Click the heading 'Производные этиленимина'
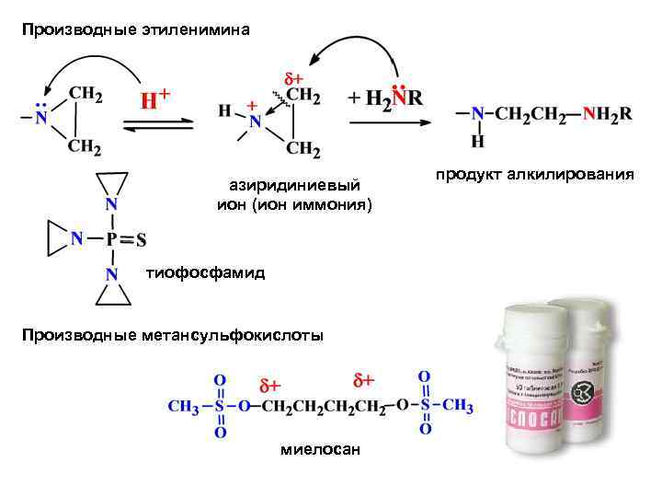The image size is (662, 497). click(136, 30)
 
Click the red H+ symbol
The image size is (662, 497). click(154, 98)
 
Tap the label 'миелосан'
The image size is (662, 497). click(320, 449)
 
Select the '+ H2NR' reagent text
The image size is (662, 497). click(385, 98)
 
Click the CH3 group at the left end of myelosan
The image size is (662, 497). click(183, 406)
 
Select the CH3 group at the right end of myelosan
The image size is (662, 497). click(457, 405)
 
